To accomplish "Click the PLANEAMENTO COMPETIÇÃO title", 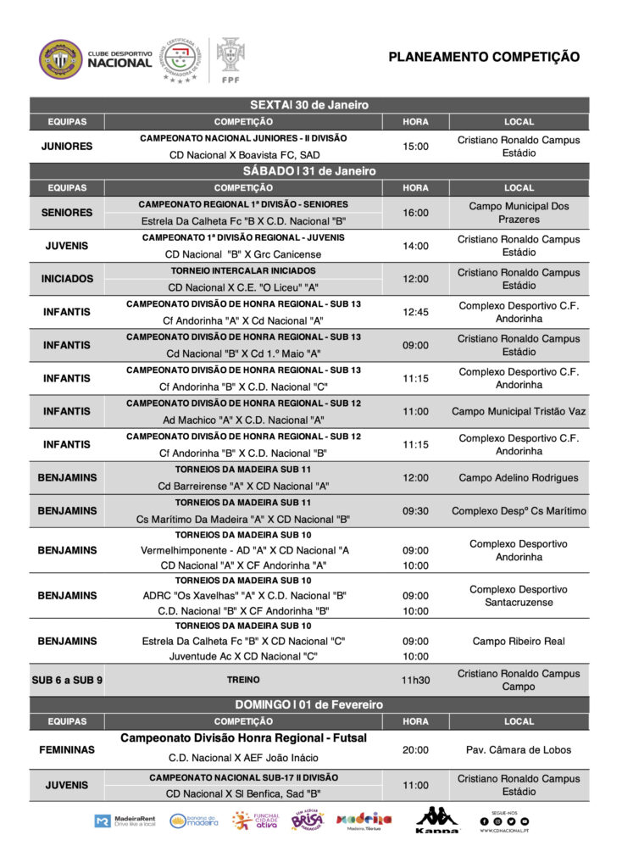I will [x=484, y=57].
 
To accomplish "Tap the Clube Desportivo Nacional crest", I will [x=61, y=58].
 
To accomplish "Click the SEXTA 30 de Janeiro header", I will [x=309, y=105].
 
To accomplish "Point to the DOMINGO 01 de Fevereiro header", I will [x=309, y=704].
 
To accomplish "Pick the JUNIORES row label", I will [x=67, y=146].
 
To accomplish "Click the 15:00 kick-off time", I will [x=415, y=147].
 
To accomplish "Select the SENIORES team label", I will [x=67, y=213].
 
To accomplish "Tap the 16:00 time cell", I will [x=415, y=213].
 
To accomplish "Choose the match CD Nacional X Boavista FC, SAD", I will [x=243, y=155].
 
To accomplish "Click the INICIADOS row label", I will [x=67, y=279].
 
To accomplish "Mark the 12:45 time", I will [x=415, y=312].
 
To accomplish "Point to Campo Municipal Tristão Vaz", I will [x=519, y=411].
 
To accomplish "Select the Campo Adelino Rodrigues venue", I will [x=519, y=477].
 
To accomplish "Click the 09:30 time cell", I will [x=415, y=511].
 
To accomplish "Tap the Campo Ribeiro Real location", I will [x=519, y=642].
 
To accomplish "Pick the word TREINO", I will [x=243, y=680].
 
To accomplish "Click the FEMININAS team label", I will [x=67, y=750].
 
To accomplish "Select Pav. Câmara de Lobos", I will [x=519, y=750].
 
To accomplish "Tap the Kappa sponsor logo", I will [x=436, y=820].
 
